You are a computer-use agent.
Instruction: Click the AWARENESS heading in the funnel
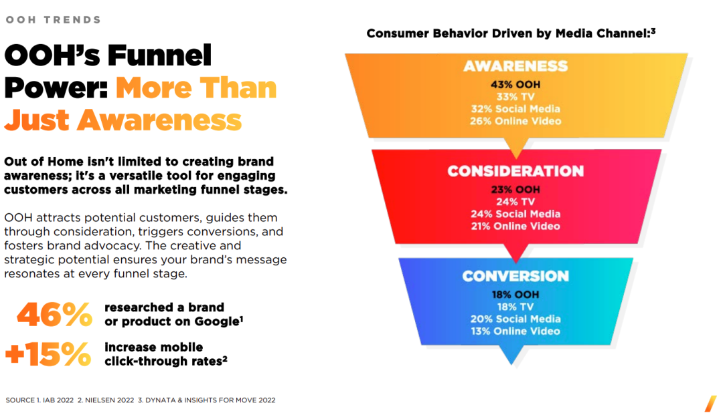coord(515,66)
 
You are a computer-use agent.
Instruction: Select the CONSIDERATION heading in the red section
coord(515,171)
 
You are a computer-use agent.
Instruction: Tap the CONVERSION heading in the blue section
coord(515,276)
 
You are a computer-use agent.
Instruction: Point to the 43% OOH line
coord(515,85)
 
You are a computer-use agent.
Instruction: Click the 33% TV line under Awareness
coord(515,97)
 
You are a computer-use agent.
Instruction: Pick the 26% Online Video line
coord(515,121)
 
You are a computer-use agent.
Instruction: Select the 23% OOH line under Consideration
coord(515,190)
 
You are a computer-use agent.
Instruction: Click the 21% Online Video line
coord(515,226)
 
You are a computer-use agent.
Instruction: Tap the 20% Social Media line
coord(515,319)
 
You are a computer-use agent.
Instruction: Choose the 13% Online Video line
coord(515,331)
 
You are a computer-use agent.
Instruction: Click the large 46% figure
coord(54,315)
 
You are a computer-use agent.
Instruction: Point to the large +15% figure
coord(48,354)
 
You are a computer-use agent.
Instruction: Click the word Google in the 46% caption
coord(217,321)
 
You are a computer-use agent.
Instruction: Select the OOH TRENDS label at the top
coord(53,20)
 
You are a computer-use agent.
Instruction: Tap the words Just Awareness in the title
coord(123,120)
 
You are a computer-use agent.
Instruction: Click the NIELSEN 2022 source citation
coord(106,400)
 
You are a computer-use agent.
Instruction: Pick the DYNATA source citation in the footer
coord(207,400)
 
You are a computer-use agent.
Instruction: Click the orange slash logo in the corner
coord(710,404)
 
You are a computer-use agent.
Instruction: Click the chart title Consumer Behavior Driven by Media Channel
coord(511,33)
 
